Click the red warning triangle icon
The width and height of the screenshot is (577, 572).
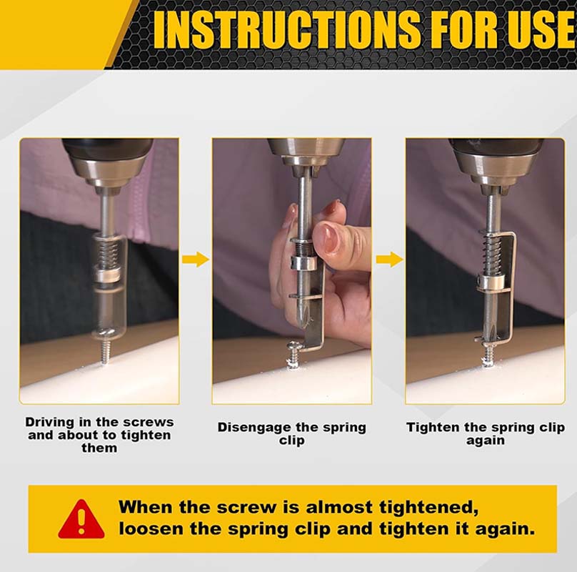[81, 520]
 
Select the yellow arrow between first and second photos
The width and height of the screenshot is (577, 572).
[195, 259]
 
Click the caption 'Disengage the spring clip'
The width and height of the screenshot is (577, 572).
[291, 434]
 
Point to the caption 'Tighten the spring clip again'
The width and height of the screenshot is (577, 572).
[486, 434]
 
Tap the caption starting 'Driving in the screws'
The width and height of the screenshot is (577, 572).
[99, 435]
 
